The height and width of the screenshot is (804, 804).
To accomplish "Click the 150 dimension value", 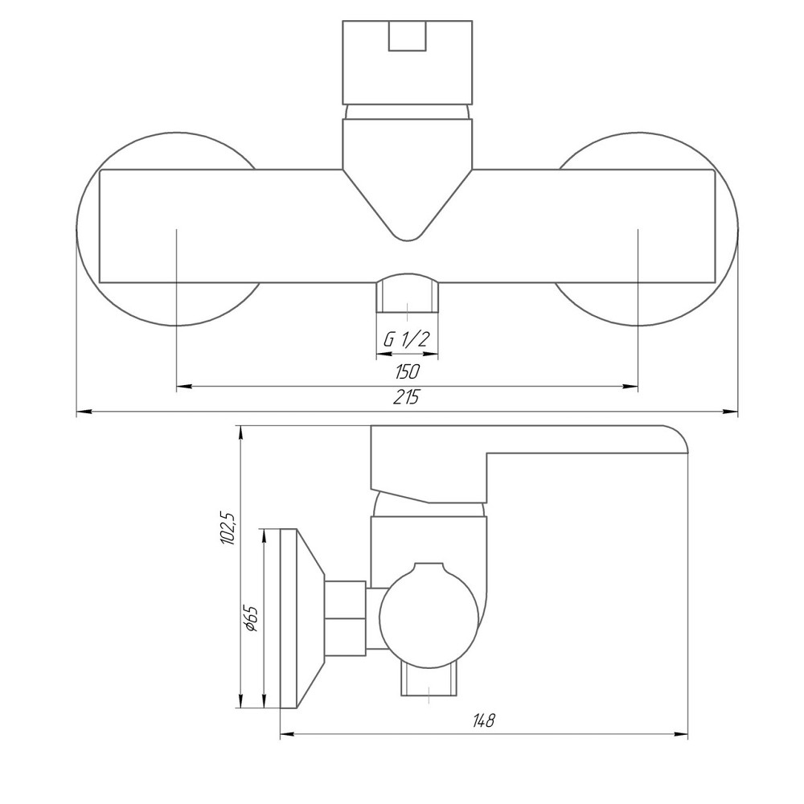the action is [407, 371].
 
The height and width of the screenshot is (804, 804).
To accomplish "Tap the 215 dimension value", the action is [406, 397].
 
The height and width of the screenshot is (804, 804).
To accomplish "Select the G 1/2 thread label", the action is [405, 339].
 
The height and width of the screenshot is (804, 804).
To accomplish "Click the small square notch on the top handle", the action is [407, 36].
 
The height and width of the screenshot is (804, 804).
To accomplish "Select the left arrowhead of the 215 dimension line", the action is [84, 411].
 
